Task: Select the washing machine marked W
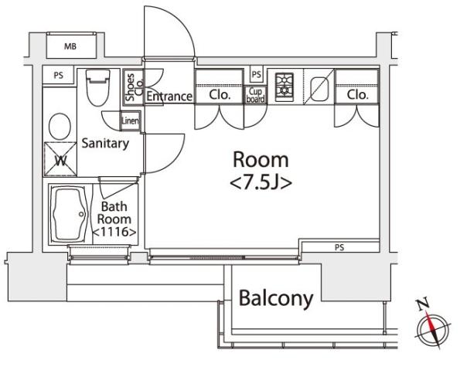[60, 161]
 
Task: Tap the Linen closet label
[130, 121]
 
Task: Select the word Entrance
[169, 97]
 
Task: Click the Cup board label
[256, 95]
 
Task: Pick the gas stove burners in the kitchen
[283, 85]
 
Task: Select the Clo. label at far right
[356, 96]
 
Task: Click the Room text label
[261, 161]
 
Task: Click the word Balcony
[275, 297]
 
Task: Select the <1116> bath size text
[114, 232]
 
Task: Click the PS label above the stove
[256, 75]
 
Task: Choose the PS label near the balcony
[339, 248]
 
